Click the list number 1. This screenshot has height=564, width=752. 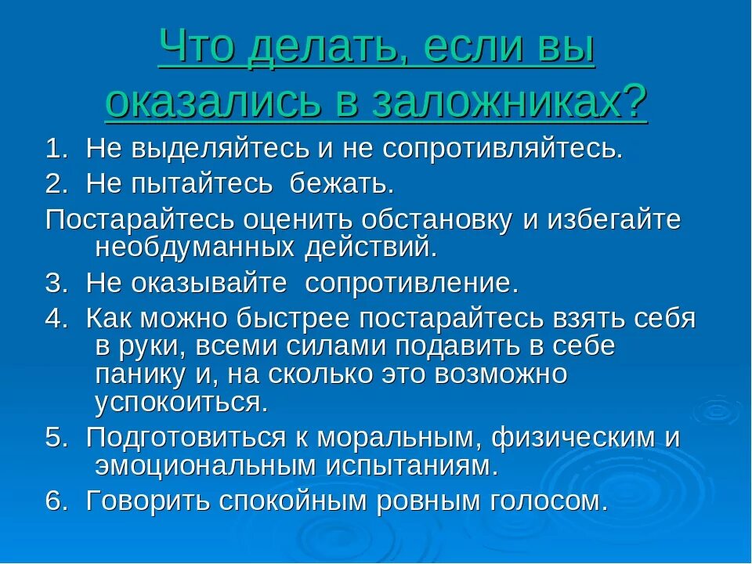(x=52, y=149)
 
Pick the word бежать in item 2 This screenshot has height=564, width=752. (x=340, y=185)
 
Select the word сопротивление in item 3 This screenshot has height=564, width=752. (x=411, y=283)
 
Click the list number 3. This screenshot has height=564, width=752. (x=52, y=283)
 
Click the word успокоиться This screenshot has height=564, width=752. (x=181, y=403)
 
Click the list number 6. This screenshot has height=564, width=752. (x=52, y=501)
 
